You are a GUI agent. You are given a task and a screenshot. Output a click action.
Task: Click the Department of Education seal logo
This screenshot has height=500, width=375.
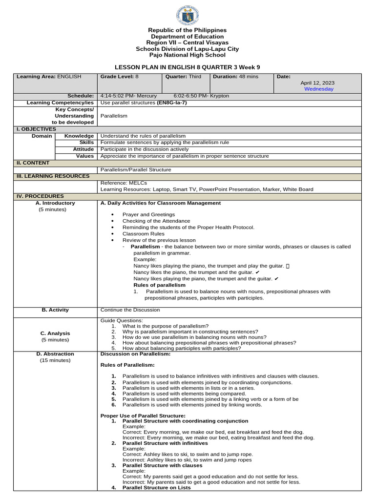pos(187,15)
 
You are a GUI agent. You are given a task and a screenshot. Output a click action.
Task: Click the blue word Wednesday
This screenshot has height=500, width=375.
pos(319,89)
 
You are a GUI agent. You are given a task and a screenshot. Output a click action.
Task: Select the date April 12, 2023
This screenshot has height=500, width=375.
pos(317,83)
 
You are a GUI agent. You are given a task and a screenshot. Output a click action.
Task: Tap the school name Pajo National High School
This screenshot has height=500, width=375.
pos(187,55)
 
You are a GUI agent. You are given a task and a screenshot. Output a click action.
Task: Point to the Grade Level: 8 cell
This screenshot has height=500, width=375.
pos(120,77)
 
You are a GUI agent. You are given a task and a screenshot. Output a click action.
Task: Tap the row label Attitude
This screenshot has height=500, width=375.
pos(83,149)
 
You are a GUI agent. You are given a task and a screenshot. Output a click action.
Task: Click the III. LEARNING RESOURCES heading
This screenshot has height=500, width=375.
pos(53,176)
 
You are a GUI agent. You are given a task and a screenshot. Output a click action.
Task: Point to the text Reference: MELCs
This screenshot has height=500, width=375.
pos(124,183)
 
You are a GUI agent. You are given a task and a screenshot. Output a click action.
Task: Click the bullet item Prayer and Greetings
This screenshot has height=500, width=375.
pos(148,214)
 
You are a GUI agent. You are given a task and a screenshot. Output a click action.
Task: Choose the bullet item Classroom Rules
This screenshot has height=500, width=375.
pos(144,234)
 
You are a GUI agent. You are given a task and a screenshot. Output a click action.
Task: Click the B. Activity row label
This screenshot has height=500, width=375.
pos(55,310)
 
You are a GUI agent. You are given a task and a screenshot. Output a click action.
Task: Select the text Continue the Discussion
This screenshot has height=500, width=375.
pos(130,310)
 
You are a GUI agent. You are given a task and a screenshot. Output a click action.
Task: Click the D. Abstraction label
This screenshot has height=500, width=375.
pos(55,354)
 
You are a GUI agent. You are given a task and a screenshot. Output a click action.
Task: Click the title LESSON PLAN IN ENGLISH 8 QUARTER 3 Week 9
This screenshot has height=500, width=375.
pos(187,67)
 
